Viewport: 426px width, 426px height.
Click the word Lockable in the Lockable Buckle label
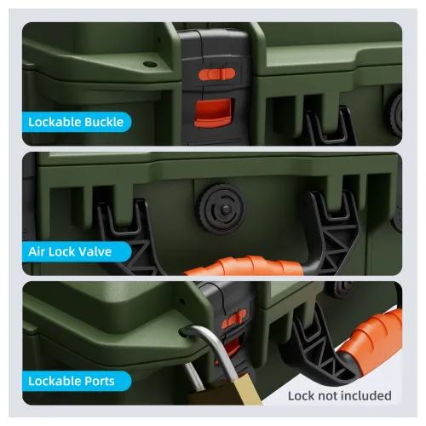pos(55,122)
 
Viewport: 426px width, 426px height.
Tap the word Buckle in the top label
pos(104,122)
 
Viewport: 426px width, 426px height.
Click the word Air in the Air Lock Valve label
pos(37,251)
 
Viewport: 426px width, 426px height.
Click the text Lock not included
pos(340,395)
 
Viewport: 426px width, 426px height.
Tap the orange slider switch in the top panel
pos(216,74)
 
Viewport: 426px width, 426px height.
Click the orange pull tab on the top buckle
pos(213,112)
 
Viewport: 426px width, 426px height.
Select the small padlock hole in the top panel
pos(150,64)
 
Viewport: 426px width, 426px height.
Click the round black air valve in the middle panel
pos(222,209)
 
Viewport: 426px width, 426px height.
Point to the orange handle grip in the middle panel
pos(244,266)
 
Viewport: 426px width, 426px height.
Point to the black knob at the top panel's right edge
pos(394,114)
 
